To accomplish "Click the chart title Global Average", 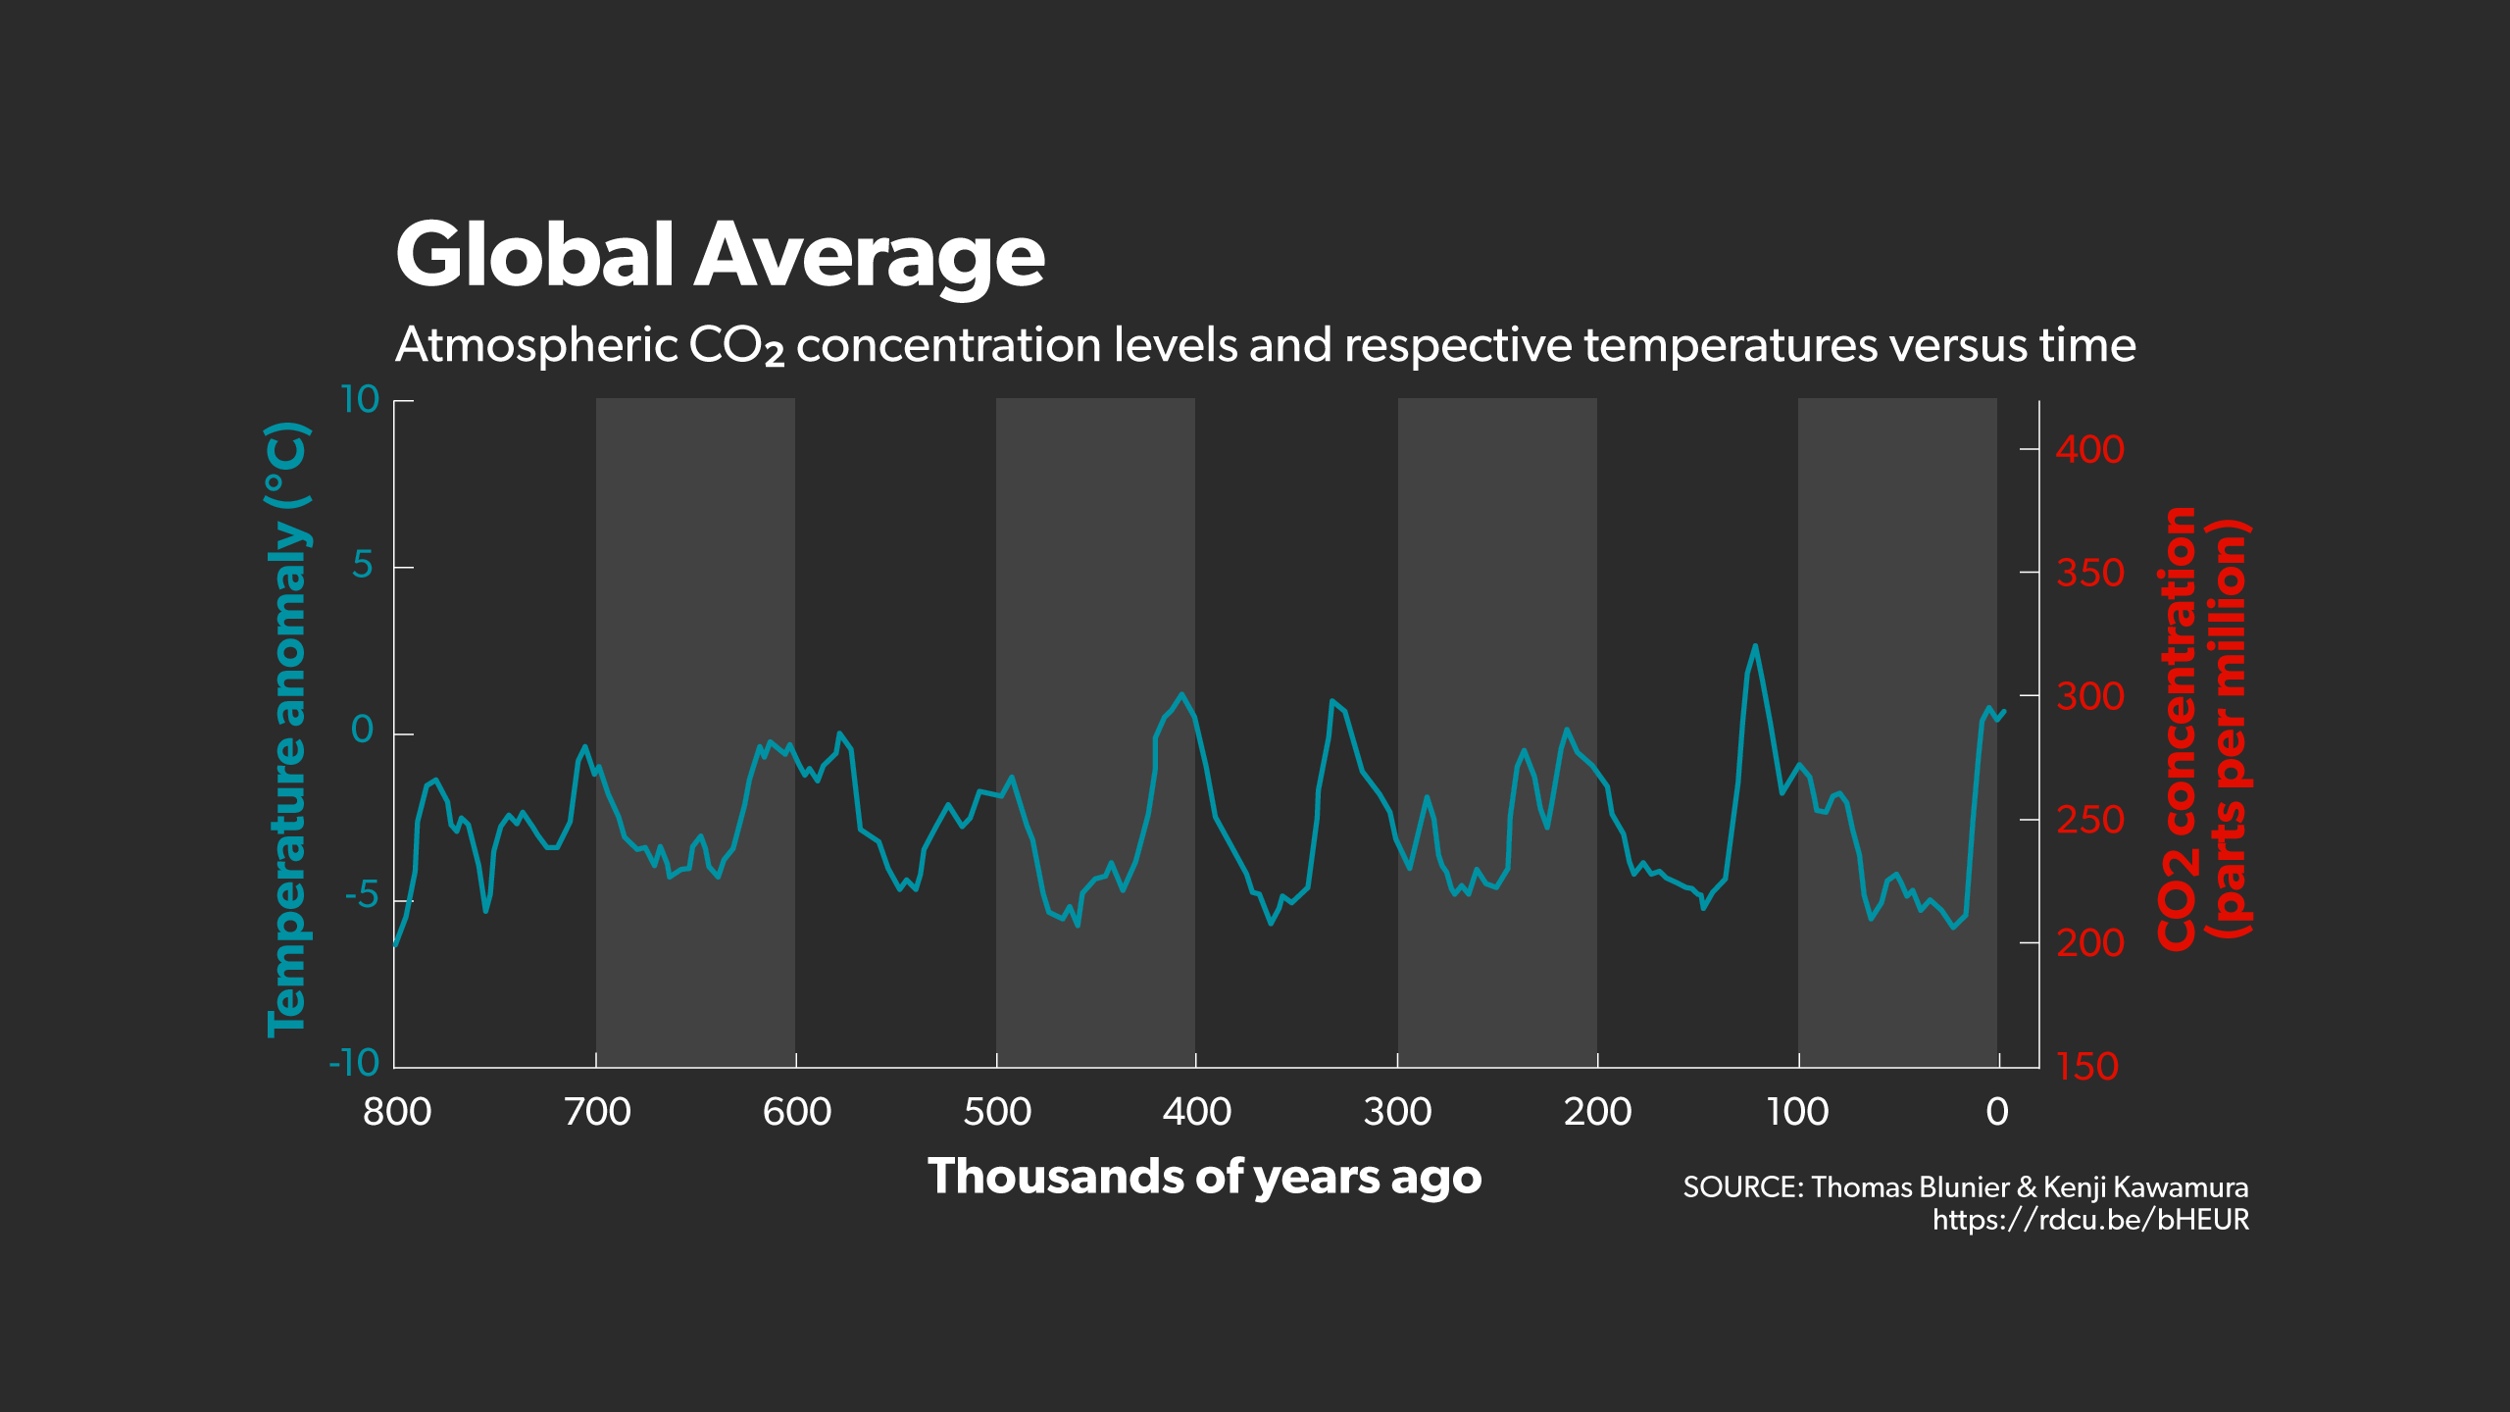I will tap(720, 255).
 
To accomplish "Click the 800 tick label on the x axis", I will tap(397, 1112).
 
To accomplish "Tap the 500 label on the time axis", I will tap(997, 1112).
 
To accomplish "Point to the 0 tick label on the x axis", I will tap(1997, 1112).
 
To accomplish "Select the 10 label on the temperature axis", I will tap(359, 400).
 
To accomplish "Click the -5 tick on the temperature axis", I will tap(361, 895).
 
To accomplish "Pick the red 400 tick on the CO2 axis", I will tap(2089, 450).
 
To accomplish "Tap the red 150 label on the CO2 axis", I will tap(2087, 1067).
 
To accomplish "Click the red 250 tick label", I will tap(2089, 820).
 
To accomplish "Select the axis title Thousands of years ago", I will tap(1204, 1177).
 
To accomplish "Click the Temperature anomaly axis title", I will tap(287, 730).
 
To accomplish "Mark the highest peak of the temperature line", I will tap(1755, 646).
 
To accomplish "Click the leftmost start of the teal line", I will tap(395, 945).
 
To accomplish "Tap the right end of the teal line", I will tap(2004, 712).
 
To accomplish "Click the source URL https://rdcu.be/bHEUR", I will tap(2090, 1220).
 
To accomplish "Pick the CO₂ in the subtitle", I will tap(736, 346).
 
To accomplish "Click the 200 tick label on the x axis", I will tap(1597, 1112).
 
